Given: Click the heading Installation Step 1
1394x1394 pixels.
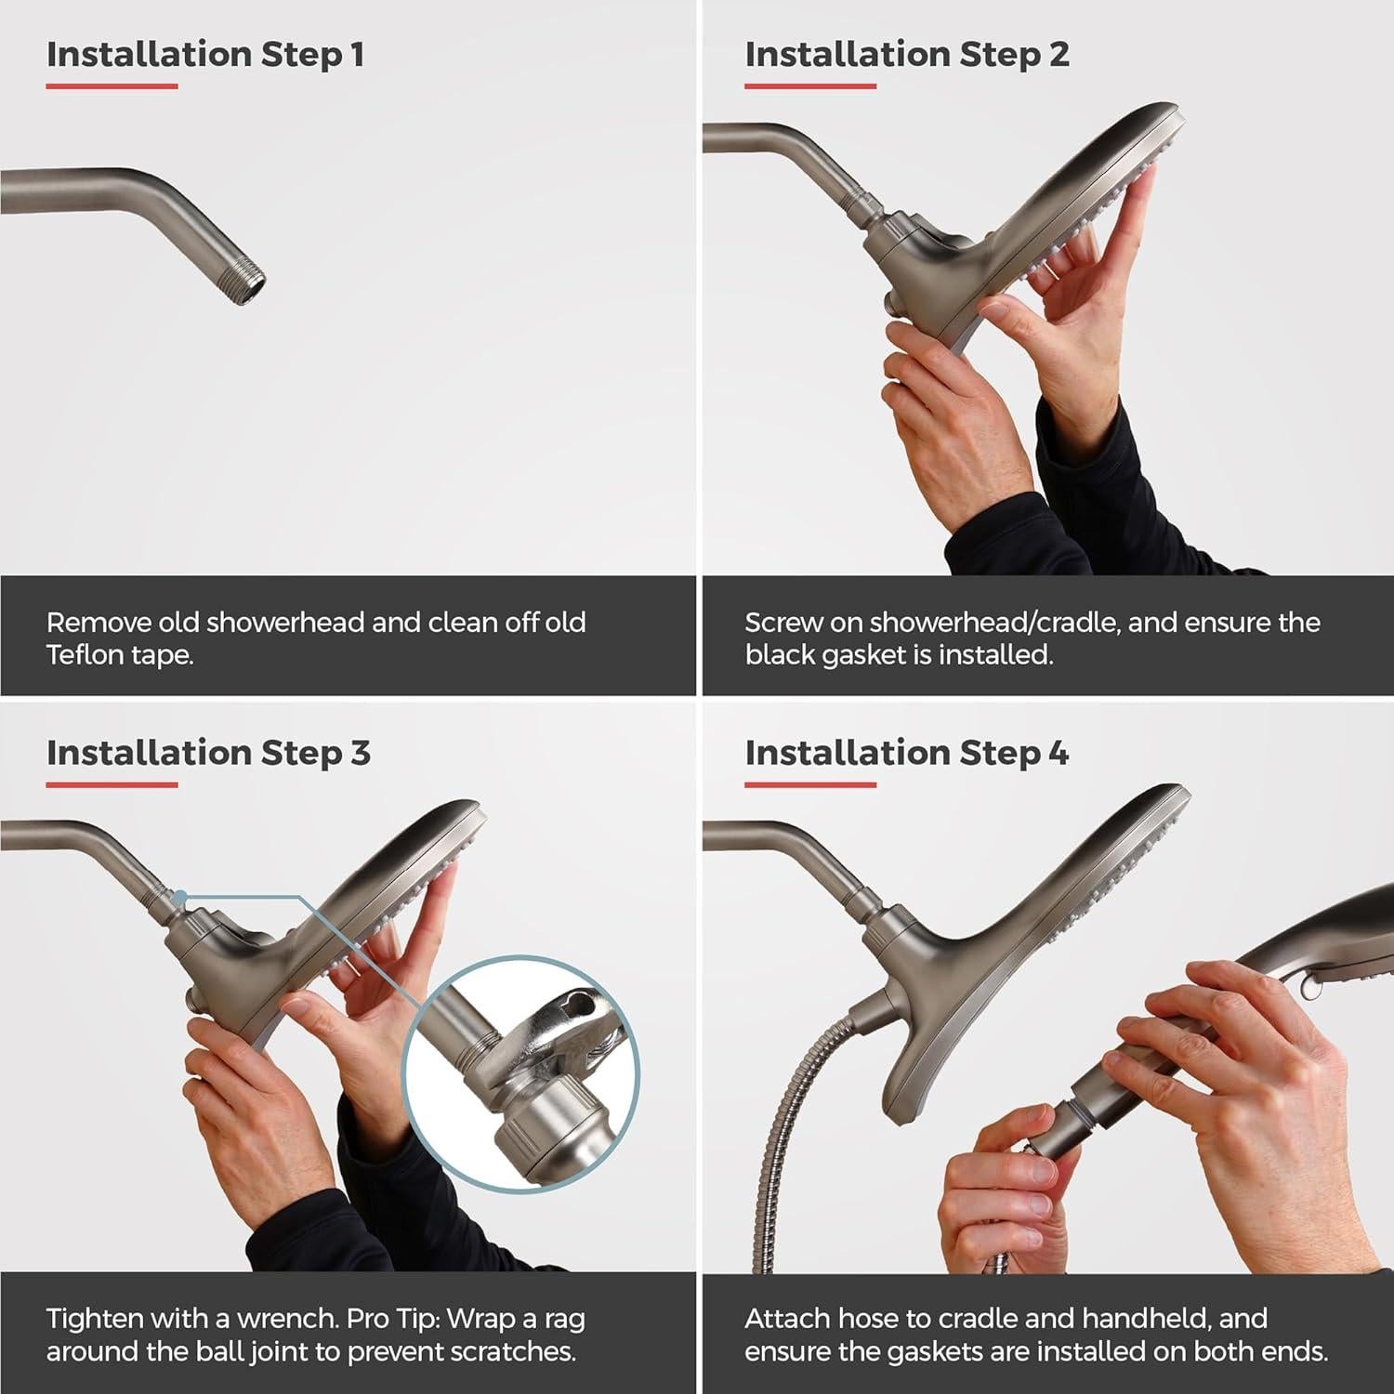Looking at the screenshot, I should pos(204,55).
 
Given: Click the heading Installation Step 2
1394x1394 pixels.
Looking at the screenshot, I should pos(906,55).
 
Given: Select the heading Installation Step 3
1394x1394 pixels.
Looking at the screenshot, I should pos(208,753).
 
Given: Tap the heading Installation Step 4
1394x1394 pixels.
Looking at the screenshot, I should pos(906,753).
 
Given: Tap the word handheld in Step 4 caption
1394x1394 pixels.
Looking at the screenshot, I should pos(1199,1319).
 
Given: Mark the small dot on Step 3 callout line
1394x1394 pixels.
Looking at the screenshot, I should pos(180,897).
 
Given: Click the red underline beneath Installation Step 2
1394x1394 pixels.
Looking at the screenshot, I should pos(809,86).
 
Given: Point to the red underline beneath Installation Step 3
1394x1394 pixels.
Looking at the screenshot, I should pos(112,784).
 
